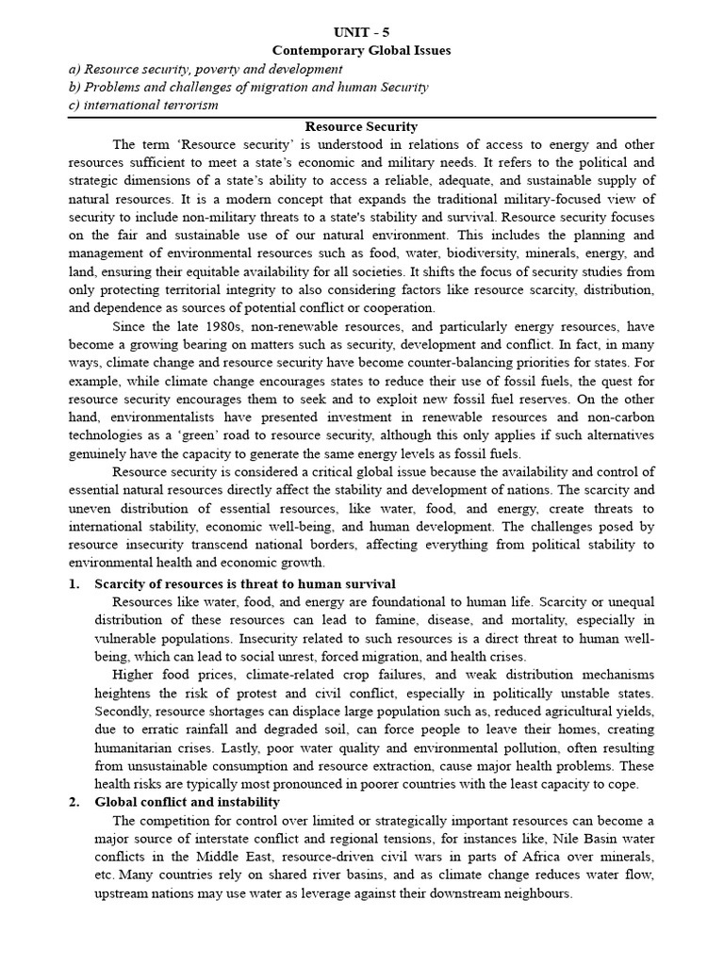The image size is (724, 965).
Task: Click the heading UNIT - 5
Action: click(x=361, y=32)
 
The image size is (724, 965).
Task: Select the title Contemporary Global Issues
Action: click(x=361, y=50)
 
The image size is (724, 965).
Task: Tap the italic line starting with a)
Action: click(x=206, y=69)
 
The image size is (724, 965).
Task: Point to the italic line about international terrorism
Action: click(x=143, y=105)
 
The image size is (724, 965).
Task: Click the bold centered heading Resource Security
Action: click(x=361, y=126)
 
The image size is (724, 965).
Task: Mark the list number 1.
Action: click(x=74, y=584)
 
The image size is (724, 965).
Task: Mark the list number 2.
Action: click(x=74, y=802)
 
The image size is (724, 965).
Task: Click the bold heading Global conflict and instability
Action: click(x=188, y=802)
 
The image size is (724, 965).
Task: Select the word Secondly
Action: click(x=122, y=711)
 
